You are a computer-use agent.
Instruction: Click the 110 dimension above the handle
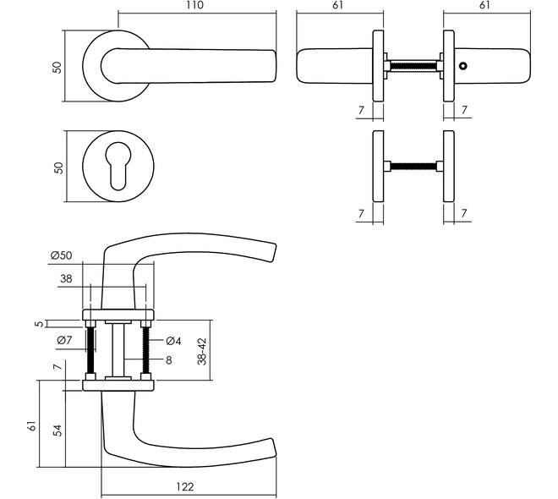pyautogui.click(x=194, y=5)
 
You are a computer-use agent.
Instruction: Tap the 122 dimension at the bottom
pyautogui.click(x=185, y=486)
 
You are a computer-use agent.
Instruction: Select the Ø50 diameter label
pyautogui.click(x=61, y=255)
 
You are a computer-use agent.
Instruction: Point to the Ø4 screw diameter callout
pyautogui.click(x=173, y=341)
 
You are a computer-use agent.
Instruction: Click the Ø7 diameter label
pyautogui.click(x=64, y=340)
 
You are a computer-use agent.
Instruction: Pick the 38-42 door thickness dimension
pyautogui.click(x=202, y=351)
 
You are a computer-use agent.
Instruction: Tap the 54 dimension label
pyautogui.click(x=57, y=430)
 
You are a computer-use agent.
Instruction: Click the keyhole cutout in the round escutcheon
pyautogui.click(x=118, y=167)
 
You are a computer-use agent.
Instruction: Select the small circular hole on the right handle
pyautogui.click(x=463, y=66)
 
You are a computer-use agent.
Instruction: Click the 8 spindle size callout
pyautogui.click(x=169, y=360)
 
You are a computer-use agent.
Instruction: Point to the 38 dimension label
pyautogui.click(x=66, y=279)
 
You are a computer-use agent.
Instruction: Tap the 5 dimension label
pyautogui.click(x=40, y=324)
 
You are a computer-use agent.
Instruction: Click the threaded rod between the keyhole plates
pyautogui.click(x=413, y=166)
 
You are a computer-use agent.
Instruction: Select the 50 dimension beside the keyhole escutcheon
pyautogui.click(x=58, y=168)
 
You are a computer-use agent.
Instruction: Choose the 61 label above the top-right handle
pyautogui.click(x=484, y=5)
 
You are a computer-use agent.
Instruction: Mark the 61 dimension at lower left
pyautogui.click(x=31, y=426)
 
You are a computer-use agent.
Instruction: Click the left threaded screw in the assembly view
pyautogui.click(x=90, y=350)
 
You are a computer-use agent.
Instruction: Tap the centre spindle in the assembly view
pyautogui.click(x=118, y=349)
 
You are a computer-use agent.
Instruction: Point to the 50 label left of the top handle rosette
pyautogui.click(x=57, y=68)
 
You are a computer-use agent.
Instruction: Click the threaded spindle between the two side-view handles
pyautogui.click(x=413, y=66)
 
